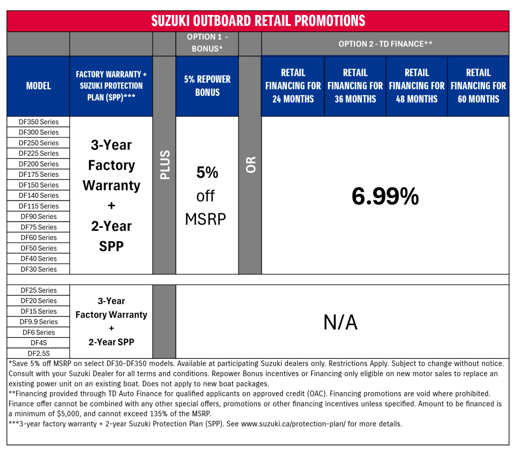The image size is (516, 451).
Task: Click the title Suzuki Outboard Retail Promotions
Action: pyautogui.click(x=257, y=21)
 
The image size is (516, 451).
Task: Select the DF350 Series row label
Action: pyautogui.click(x=39, y=122)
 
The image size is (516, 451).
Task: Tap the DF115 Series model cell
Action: pyautogui.click(x=39, y=206)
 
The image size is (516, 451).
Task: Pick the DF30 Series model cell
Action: pyautogui.click(x=39, y=269)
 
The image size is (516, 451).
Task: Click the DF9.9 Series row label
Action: pyautogui.click(x=39, y=322)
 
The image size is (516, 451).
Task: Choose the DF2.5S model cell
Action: pyautogui.click(x=39, y=353)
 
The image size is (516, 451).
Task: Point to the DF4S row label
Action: pyautogui.click(x=39, y=343)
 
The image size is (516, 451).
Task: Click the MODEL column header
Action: pyautogui.click(x=39, y=86)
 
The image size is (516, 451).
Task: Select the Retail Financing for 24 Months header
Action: pyautogui.click(x=293, y=86)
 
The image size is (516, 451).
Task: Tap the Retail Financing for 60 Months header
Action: pyautogui.click(x=478, y=86)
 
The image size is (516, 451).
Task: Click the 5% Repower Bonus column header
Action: pyautogui.click(x=207, y=86)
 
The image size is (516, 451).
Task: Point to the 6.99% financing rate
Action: pyautogui.click(x=385, y=196)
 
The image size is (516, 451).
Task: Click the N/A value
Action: pyautogui.click(x=340, y=322)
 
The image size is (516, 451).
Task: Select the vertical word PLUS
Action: pyautogui.click(x=165, y=165)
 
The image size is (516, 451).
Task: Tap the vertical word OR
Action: pyautogui.click(x=251, y=165)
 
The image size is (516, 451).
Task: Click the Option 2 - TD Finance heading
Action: pyautogui.click(x=385, y=44)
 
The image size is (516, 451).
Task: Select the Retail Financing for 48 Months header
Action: pyautogui.click(x=416, y=86)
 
